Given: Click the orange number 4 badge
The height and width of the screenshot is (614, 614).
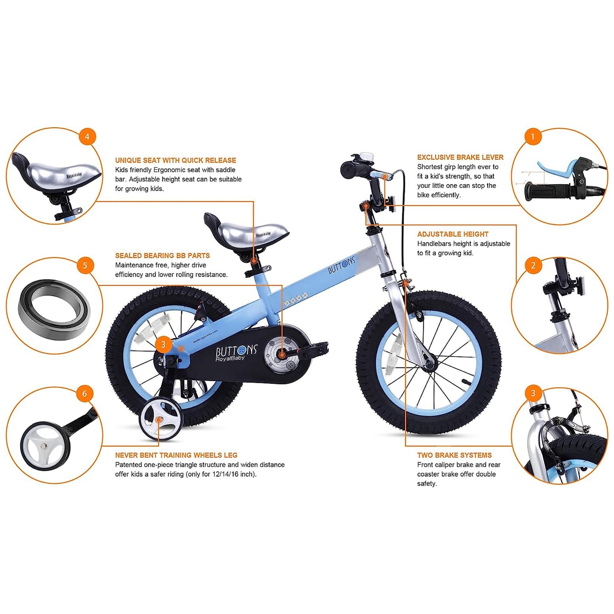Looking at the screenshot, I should pos(87,137).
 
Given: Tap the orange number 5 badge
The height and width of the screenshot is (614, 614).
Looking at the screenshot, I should pos(85,266).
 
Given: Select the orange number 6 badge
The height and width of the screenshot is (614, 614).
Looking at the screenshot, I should pos(85,394).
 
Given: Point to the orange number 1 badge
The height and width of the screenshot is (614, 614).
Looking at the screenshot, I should pos(532,137).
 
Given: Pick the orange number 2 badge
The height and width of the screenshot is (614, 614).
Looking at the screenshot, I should pos(533,266).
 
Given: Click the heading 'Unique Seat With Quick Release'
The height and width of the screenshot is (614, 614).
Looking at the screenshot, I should pos(175,160).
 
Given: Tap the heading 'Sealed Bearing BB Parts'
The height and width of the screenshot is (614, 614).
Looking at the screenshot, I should pos(162,255).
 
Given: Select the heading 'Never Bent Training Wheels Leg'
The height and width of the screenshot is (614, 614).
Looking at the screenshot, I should pos(176,455).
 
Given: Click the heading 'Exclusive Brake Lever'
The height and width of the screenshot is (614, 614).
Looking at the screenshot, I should pos(460,157).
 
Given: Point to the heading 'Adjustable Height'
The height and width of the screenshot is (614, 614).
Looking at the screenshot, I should pos(453,234).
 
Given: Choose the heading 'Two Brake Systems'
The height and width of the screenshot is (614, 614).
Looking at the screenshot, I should pos(454,455).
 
